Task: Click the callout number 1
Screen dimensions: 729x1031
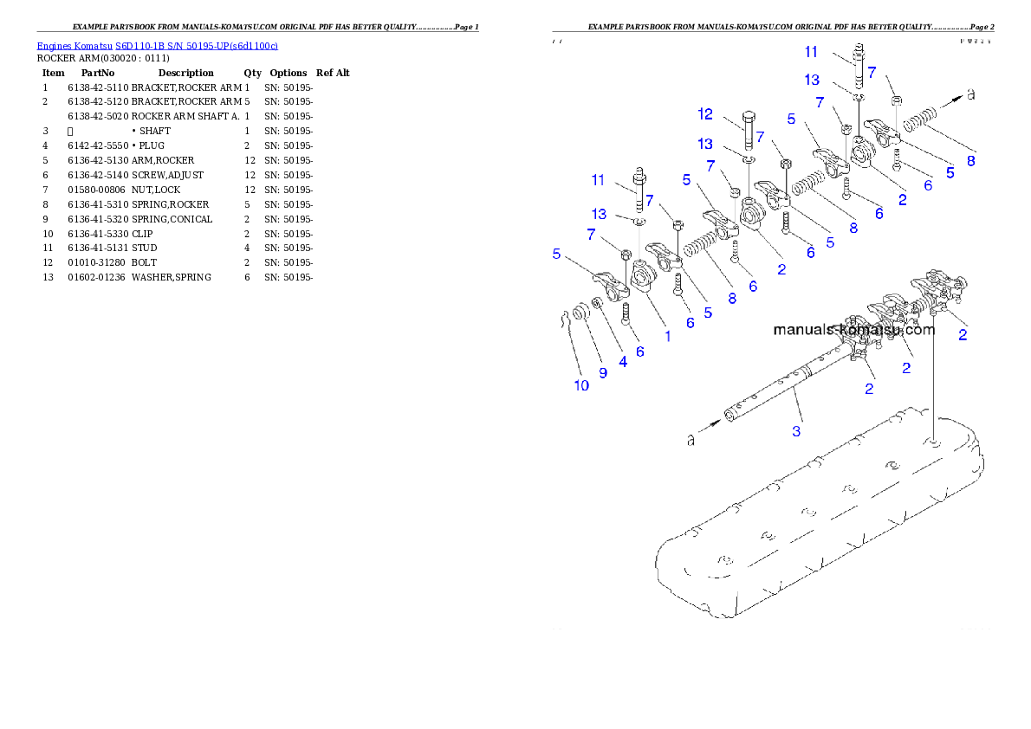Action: (667, 336)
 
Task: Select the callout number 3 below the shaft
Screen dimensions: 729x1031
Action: (796, 430)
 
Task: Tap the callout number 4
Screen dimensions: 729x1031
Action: (622, 363)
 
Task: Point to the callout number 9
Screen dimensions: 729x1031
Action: (603, 373)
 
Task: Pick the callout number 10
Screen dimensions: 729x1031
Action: (581, 385)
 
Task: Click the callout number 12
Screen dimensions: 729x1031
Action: (705, 113)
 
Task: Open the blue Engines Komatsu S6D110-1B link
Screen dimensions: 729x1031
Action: (157, 46)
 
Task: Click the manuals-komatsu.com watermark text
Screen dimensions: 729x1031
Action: (853, 330)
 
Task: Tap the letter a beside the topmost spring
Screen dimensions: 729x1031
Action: (970, 94)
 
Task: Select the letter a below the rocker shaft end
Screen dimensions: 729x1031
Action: (691, 440)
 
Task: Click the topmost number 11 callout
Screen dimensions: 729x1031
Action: (812, 52)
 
